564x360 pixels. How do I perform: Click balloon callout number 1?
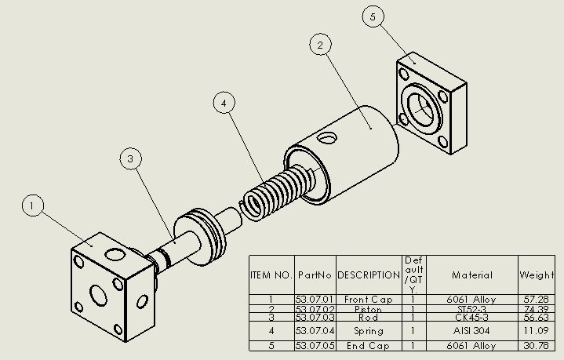point(32,206)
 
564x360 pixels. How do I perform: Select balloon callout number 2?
point(319,45)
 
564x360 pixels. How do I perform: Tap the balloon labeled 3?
point(131,159)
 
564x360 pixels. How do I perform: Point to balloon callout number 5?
point(373,16)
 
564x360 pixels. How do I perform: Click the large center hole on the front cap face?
point(100,295)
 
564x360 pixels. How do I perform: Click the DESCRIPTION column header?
point(369,275)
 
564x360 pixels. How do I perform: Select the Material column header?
point(472,275)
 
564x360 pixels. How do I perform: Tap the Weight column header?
point(537,275)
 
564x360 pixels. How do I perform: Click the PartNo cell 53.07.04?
point(315,331)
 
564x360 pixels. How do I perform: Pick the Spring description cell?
point(369,331)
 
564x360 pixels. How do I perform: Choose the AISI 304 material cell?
point(472,331)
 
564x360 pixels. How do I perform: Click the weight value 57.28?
point(537,300)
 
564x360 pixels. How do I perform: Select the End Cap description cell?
point(369,346)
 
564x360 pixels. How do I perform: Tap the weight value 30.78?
point(537,346)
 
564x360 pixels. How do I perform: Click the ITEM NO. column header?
point(271,275)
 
